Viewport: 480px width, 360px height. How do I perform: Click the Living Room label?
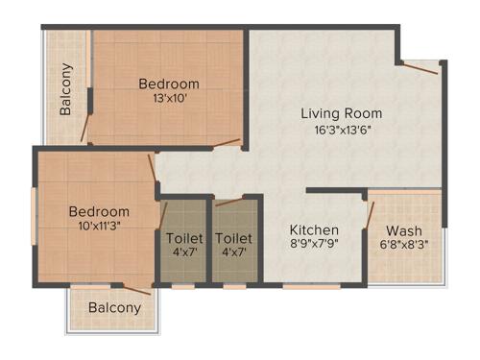click(341, 113)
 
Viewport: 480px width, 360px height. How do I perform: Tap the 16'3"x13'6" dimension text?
click(341, 130)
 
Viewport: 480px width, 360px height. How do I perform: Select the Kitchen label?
click(315, 229)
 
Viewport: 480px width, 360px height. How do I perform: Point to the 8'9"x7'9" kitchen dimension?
click(315, 244)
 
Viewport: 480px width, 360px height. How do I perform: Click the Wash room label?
click(402, 230)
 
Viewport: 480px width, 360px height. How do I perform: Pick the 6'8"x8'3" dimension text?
click(403, 245)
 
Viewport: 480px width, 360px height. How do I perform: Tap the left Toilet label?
click(183, 237)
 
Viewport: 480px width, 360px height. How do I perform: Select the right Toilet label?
click(233, 237)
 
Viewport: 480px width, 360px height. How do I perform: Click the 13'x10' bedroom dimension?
click(168, 98)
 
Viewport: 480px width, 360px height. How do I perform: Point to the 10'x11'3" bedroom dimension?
click(99, 227)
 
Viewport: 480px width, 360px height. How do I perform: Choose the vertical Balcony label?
click(65, 88)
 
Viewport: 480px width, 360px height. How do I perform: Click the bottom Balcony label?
click(114, 308)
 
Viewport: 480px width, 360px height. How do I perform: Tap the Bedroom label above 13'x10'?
click(168, 84)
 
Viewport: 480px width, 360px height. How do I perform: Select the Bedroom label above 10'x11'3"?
click(99, 211)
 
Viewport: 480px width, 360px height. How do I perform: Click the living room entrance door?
click(420, 67)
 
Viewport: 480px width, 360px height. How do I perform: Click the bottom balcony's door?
click(135, 288)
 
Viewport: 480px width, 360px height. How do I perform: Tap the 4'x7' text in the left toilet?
click(183, 252)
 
